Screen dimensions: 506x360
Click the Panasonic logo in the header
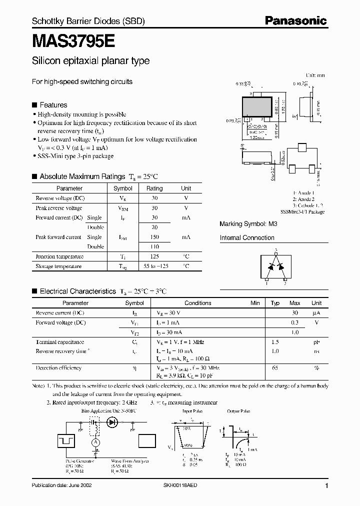295,21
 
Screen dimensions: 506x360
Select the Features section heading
53,105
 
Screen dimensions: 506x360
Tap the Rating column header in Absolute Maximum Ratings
154,188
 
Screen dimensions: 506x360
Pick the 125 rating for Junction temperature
154,256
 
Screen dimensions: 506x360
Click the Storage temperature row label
58,266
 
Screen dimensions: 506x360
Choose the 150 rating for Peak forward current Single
154,237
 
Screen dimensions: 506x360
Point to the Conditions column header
197,303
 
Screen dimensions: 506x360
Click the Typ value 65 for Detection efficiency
275,368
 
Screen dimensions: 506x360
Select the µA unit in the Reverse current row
316,312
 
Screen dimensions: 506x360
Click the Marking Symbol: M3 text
248,225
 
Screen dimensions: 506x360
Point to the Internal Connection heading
247,238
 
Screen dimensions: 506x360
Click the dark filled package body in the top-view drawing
257,107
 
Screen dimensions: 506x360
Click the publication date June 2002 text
61,485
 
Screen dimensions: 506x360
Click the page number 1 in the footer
326,486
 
